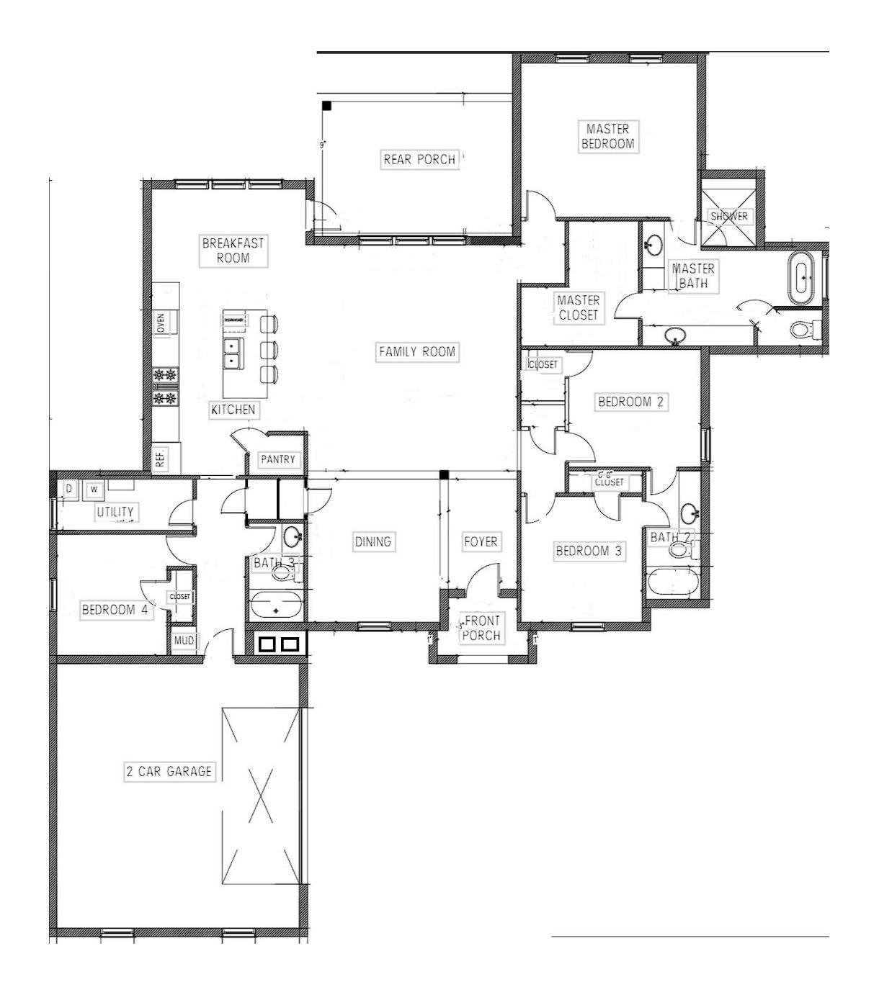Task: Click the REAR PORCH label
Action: [419, 159]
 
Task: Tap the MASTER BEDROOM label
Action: [608, 136]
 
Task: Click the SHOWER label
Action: [728, 216]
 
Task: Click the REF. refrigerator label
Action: [161, 458]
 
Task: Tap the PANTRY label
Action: [278, 459]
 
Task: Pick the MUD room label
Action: [184, 641]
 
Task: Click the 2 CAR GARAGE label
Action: [169, 772]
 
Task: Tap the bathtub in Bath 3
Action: [276, 605]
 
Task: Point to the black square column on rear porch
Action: [326, 106]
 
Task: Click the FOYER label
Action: [481, 541]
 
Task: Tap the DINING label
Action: [372, 541]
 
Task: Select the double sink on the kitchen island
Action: [232, 353]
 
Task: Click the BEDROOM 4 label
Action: [115, 610]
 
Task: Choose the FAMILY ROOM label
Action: [417, 351]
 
